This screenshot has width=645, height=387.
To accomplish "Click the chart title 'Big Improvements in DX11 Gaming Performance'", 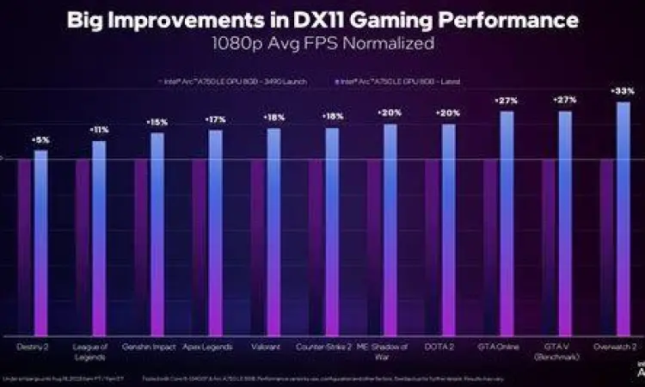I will pyautogui.click(x=322, y=20).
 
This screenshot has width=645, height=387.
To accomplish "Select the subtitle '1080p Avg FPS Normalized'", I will pyautogui.click(x=322, y=42).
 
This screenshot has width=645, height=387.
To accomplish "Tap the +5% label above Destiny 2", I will pyautogui.click(x=40, y=139).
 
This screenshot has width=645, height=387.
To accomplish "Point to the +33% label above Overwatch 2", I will pyautogui.click(x=623, y=90).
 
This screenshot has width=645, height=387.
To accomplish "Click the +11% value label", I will pyautogui.click(x=99, y=130).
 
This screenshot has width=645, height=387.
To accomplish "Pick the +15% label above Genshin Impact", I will pyautogui.click(x=157, y=122).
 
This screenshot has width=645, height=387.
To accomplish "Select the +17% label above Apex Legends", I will pyautogui.click(x=215, y=119).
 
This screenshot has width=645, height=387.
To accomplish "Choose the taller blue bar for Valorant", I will pyautogui.click(x=273, y=231).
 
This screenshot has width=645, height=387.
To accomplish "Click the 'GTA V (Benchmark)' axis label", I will pyautogui.click(x=564, y=352).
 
